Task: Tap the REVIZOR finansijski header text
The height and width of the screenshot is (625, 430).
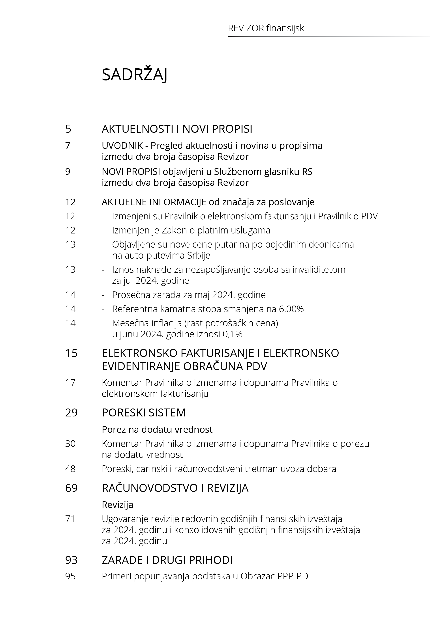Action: click(267, 28)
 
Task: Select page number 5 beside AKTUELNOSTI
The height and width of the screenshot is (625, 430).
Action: click(68, 129)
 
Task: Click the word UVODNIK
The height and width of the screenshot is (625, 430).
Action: click(122, 146)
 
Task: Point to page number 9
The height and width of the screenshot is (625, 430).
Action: click(68, 172)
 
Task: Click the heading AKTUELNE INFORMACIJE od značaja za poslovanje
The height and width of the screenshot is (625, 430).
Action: click(208, 202)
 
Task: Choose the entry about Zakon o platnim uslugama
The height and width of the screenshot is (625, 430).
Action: click(191, 230)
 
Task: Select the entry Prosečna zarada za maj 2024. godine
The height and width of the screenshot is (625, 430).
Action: click(189, 295)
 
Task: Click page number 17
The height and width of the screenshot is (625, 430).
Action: click(70, 382)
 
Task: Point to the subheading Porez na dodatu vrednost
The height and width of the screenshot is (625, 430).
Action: click(157, 429)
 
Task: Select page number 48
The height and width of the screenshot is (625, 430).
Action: click(70, 469)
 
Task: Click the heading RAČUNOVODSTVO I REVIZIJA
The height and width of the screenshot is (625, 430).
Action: click(175, 488)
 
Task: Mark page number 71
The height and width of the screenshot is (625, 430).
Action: click(70, 519)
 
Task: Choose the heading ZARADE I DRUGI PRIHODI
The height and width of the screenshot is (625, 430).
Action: click(167, 560)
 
